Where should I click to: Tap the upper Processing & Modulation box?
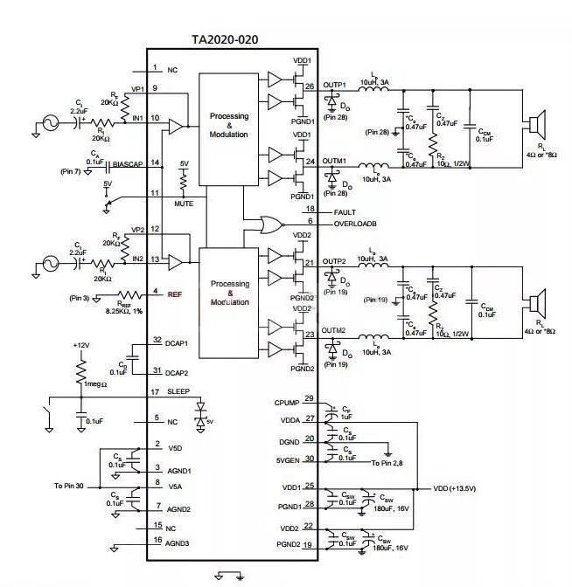(229, 125)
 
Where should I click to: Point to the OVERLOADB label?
(356, 224)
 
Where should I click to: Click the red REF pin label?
(174, 293)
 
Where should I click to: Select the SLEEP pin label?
(178, 392)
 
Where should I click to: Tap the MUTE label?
(184, 203)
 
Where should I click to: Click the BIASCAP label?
(128, 163)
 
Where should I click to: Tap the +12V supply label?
(82, 345)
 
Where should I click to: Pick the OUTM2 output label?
(334, 330)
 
